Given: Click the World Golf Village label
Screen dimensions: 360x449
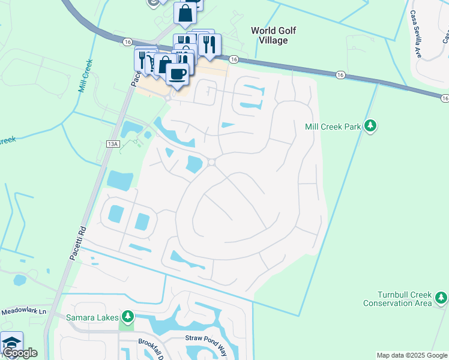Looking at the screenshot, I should click(x=274, y=35).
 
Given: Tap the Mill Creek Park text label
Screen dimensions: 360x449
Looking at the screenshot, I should click(x=333, y=126).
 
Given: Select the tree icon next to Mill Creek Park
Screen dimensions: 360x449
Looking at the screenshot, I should click(x=372, y=125).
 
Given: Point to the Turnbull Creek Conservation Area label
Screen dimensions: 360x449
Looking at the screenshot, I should click(x=397, y=299).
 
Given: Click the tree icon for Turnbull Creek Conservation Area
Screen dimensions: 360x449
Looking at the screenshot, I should click(x=441, y=298).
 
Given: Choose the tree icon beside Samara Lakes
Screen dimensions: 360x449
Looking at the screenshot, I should click(x=127, y=316).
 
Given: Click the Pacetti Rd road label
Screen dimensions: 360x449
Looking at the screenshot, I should click(x=75, y=240).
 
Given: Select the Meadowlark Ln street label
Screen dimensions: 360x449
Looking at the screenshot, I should click(x=23, y=311).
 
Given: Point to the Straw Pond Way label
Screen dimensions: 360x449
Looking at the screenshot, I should click(x=207, y=338).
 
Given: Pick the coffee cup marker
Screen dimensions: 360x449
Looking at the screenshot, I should click(x=176, y=74).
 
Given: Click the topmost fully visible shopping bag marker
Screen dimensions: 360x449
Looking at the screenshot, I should click(x=185, y=13).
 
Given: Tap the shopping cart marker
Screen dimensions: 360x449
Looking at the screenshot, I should click(x=154, y=63).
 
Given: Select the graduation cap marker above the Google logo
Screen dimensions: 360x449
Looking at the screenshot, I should click(x=11, y=341).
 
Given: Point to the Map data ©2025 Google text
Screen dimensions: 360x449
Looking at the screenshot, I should click(x=412, y=355).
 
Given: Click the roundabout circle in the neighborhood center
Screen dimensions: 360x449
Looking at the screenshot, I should click(x=212, y=162).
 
